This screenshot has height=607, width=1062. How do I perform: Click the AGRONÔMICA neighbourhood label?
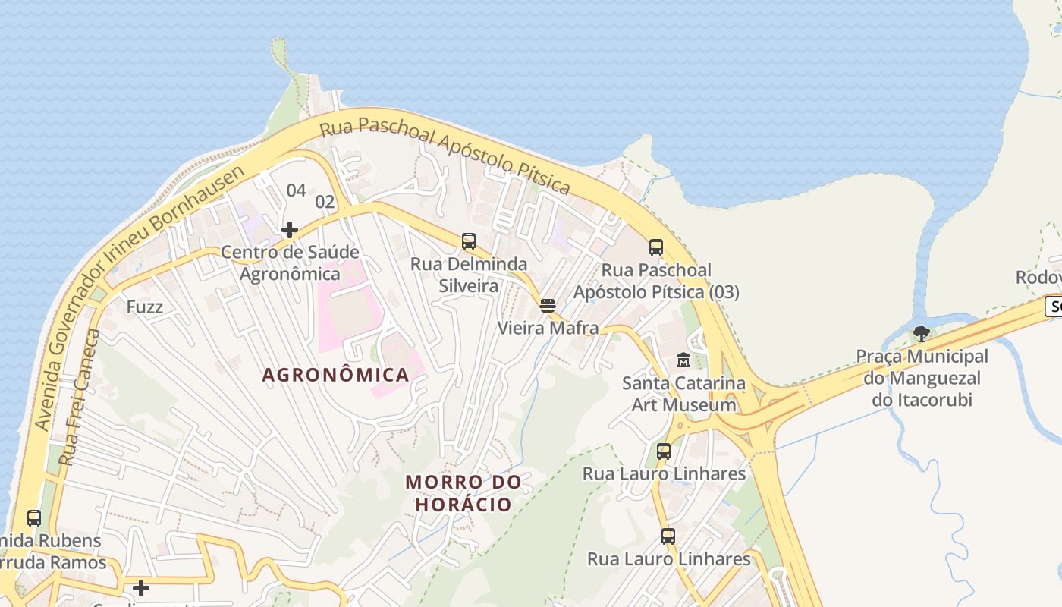click(335, 374)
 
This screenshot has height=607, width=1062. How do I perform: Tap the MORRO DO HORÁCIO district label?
click(463, 492)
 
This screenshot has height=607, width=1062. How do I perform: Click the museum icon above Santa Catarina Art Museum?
click(683, 360)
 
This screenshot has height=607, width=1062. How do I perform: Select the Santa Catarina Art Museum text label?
click(683, 394)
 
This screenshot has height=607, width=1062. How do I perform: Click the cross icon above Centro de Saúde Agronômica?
click(289, 229)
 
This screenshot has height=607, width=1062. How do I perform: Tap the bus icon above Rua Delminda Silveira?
click(469, 241)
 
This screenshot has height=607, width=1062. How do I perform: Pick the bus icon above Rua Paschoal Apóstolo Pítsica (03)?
click(656, 247)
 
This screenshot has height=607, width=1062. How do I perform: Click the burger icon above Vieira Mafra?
click(548, 306)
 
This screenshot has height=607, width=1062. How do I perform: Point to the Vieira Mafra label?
click(548, 328)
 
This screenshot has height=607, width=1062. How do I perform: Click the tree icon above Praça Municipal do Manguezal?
click(922, 333)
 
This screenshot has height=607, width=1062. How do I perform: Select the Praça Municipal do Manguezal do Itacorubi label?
click(922, 378)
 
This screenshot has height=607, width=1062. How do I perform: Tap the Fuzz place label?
click(145, 307)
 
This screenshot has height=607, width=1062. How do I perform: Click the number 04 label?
click(296, 190)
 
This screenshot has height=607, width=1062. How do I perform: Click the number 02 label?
click(325, 202)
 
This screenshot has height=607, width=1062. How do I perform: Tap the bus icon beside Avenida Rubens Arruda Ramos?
click(34, 518)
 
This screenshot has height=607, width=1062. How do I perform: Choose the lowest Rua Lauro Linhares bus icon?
click(668, 536)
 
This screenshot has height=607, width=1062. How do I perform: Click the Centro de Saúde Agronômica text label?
click(290, 263)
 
